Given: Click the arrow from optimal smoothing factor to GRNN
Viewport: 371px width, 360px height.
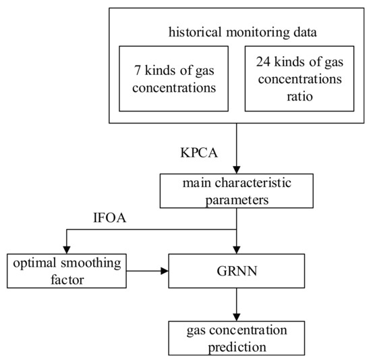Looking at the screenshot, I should tap(148, 272).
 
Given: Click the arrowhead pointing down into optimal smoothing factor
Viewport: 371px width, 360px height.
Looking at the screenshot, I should tap(65, 250).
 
